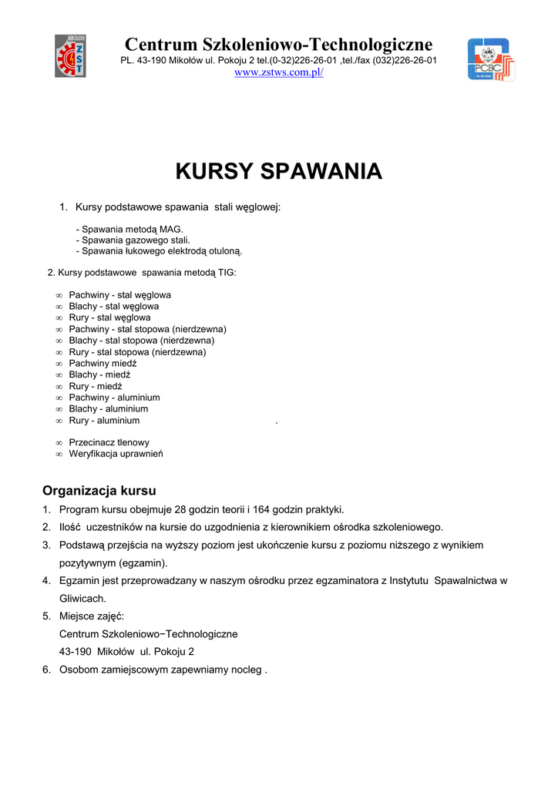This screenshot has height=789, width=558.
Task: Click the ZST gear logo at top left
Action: coord(70,55)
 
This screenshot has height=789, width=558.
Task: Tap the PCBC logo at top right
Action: coord(491,59)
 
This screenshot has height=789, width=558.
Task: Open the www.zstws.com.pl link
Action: coord(278,72)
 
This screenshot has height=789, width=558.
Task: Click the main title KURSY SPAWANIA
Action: coord(278,171)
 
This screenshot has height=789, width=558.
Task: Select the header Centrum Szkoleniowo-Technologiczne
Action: coord(278,44)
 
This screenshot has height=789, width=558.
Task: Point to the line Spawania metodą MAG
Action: coord(130,230)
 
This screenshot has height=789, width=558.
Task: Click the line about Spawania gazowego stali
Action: coord(133,240)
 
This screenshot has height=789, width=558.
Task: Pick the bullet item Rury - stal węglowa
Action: coord(109,317)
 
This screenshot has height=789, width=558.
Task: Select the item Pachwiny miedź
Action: coord(103,363)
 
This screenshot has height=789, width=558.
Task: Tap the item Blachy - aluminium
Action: coord(108,409)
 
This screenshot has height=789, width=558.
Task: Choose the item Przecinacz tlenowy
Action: coord(109,443)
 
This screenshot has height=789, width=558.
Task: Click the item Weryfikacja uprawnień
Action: coord(116,454)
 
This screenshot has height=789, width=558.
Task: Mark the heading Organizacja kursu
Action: coord(99,491)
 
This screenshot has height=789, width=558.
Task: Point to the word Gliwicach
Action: coord(82,598)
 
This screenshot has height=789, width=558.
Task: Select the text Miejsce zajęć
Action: coord(91,616)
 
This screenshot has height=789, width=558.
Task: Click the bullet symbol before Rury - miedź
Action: coord(59,387)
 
